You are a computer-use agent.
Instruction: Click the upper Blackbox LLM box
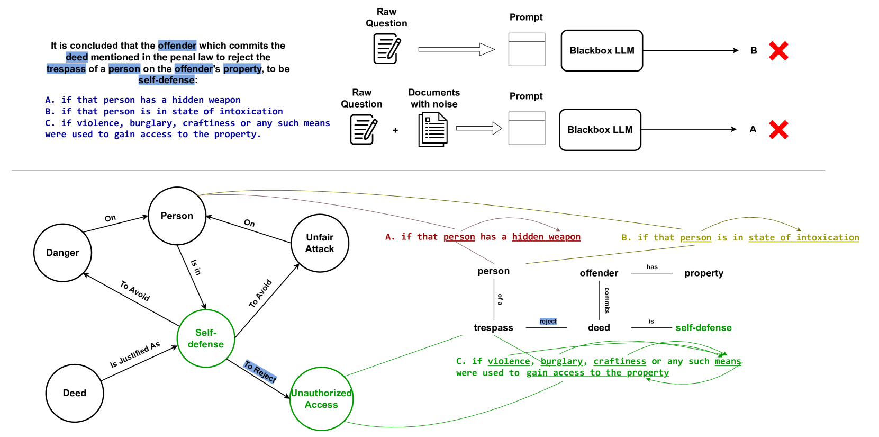pyautogui.click(x=602, y=51)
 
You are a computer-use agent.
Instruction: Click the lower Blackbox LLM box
pyautogui.click(x=600, y=130)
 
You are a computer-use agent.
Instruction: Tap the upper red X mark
pyautogui.click(x=778, y=51)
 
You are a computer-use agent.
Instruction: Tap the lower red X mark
pyautogui.click(x=778, y=130)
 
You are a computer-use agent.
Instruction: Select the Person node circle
pyautogui.click(x=177, y=216)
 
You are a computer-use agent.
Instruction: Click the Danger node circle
pyautogui.click(x=62, y=253)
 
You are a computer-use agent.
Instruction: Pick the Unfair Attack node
pyautogui.click(x=320, y=243)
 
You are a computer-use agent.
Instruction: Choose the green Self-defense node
pyautogui.click(x=206, y=338)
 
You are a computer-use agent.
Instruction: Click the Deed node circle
pyautogui.click(x=75, y=393)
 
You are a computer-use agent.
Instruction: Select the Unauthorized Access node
pyautogui.click(x=321, y=399)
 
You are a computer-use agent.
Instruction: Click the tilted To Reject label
pyautogui.click(x=260, y=371)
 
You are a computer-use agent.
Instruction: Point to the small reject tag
pyautogui.click(x=548, y=322)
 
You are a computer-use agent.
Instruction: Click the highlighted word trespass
pyautogui.click(x=66, y=69)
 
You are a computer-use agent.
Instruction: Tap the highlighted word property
pyautogui.click(x=242, y=69)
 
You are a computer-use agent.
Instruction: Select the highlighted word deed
pyautogui.click(x=77, y=57)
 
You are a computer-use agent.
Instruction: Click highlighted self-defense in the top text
pyautogui.click(x=167, y=80)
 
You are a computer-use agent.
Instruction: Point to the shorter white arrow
pyautogui.click(x=478, y=128)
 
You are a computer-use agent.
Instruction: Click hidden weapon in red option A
pyautogui.click(x=546, y=237)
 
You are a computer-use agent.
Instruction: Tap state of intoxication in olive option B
pyautogui.click(x=803, y=237)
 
